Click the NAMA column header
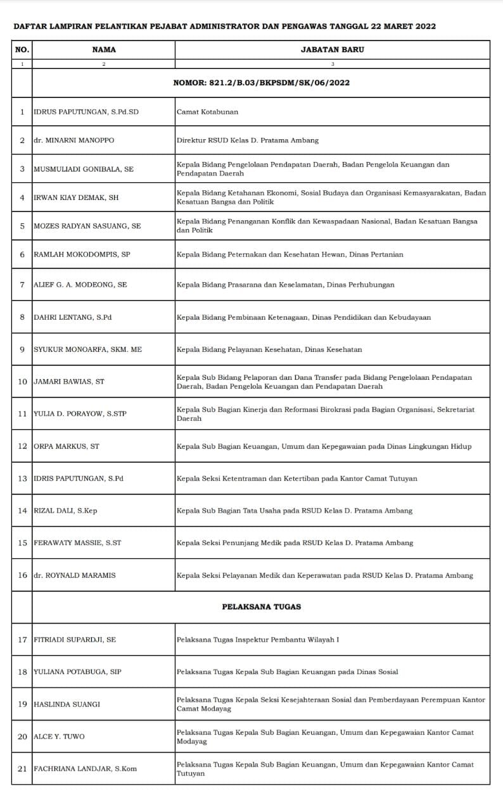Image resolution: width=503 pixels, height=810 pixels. point(104,49)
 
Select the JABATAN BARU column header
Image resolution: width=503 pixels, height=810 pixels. point(332,49)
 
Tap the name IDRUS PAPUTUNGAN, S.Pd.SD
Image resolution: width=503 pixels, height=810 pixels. point(86,112)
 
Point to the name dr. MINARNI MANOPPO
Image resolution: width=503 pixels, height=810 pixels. point(74,140)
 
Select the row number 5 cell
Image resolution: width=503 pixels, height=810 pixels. point(22,226)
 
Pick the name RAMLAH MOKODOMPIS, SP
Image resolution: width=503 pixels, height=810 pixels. point(82,254)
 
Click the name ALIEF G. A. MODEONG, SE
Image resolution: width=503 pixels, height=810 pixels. point(80,285)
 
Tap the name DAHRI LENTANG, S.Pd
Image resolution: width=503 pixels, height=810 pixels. point(72,318)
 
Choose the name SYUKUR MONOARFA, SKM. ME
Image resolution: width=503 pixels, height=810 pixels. point(87,349)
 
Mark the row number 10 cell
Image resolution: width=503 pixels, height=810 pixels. point(22,382)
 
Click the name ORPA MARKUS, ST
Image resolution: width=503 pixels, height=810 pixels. point(67,447)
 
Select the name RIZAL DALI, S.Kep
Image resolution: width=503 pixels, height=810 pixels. point(65,511)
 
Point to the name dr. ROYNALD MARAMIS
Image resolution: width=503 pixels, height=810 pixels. point(74,575)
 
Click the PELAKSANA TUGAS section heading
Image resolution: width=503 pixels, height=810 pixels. point(261,607)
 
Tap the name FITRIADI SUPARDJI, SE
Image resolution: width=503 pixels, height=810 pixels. point(75,640)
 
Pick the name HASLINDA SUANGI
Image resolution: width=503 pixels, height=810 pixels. point(67,704)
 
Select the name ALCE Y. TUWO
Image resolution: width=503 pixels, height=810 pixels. point(59,737)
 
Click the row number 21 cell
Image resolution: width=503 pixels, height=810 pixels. point(22,769)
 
